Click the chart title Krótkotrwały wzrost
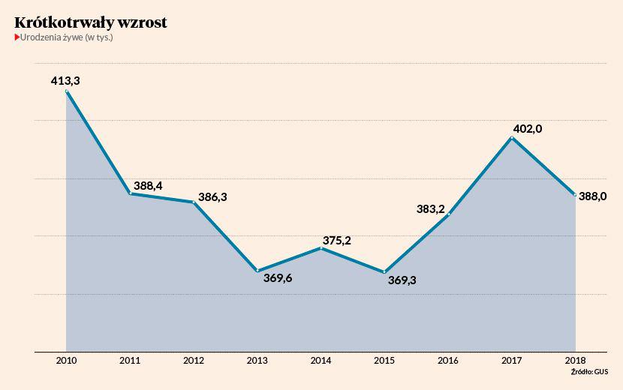point(90,22)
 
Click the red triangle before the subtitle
point(17,37)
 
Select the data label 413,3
point(65,79)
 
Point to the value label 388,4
point(148,185)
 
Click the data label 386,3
point(212,197)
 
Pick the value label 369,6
point(278,279)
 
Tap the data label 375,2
point(337,240)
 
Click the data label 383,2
point(431,209)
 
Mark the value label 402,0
point(527,129)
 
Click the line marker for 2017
point(513,138)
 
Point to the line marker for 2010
point(67,91)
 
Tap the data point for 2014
point(321,247)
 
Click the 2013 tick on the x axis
point(257,361)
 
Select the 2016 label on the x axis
point(449,361)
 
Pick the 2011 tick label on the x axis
point(131,361)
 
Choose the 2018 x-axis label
point(576,361)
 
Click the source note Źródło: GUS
point(589,372)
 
